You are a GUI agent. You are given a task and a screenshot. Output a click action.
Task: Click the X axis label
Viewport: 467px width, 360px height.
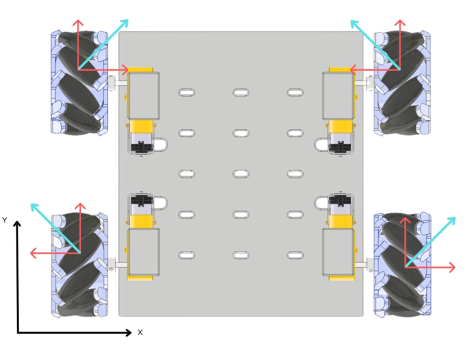click(x=140, y=332)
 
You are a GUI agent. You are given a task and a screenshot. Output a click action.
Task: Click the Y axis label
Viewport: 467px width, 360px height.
click(x=5, y=220)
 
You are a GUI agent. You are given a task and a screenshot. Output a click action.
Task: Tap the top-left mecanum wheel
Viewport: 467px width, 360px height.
click(x=79, y=83)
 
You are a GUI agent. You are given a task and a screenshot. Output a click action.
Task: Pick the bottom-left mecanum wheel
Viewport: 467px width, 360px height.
click(x=79, y=265)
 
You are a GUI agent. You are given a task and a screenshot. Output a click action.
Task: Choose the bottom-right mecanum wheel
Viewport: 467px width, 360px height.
click(x=402, y=265)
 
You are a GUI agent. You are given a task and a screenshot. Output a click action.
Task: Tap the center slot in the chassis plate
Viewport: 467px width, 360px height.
click(x=240, y=173)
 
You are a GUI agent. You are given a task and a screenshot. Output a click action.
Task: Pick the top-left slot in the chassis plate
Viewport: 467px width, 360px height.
click(x=187, y=92)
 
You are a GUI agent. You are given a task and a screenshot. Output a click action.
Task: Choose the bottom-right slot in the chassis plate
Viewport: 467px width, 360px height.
click(x=294, y=255)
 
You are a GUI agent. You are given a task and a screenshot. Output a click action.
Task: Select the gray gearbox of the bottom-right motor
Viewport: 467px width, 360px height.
click(x=338, y=252)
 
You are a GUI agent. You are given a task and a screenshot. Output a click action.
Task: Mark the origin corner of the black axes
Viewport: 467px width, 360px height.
click(x=18, y=333)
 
